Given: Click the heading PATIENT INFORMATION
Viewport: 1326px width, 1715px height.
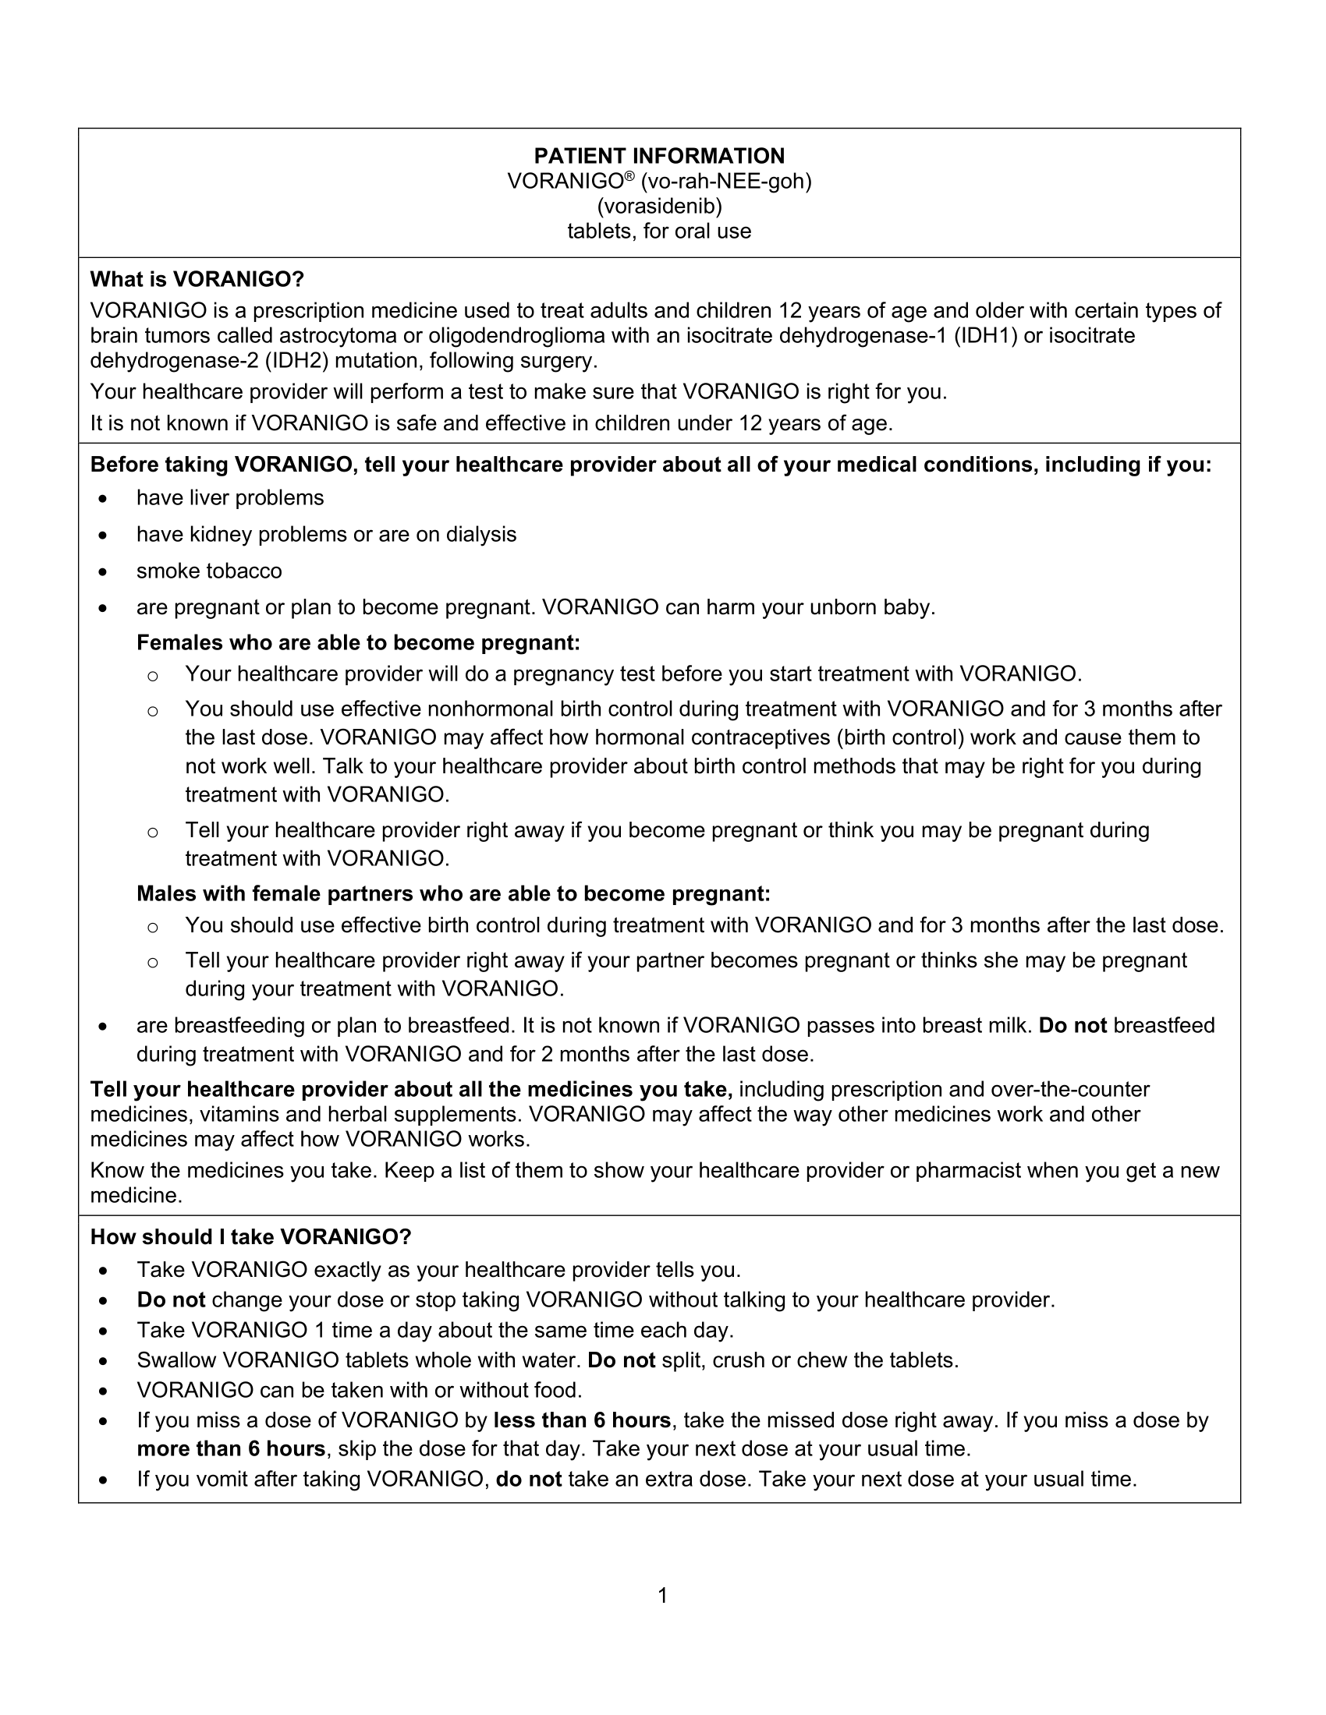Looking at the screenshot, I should coord(659,155).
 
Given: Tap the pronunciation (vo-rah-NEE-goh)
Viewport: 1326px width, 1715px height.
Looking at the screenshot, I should coord(726,182).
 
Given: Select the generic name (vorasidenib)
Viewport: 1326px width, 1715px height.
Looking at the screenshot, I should coord(659,207).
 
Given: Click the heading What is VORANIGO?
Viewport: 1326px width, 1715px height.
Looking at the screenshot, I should coord(197,280).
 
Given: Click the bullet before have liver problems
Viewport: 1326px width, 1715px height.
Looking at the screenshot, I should coord(103,500).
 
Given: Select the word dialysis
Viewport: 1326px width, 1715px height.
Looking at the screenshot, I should coord(480,535).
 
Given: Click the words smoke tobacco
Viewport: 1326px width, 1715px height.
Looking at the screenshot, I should coord(209,571).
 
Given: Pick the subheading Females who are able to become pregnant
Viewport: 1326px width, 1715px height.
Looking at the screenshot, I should coord(358,643).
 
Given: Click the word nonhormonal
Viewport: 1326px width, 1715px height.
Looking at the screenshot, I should coord(490,709).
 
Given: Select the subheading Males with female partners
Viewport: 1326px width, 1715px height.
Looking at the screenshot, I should coord(453,893).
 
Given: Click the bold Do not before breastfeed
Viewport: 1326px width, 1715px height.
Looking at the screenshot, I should coord(1072,1026).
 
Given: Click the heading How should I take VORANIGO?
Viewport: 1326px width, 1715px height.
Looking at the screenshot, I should coord(250,1237).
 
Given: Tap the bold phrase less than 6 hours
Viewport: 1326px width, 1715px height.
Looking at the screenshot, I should coord(582,1420).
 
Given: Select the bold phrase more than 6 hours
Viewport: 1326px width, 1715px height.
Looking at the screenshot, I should coord(231,1448).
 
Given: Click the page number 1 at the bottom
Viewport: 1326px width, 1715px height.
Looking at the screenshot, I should coord(662,1596).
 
